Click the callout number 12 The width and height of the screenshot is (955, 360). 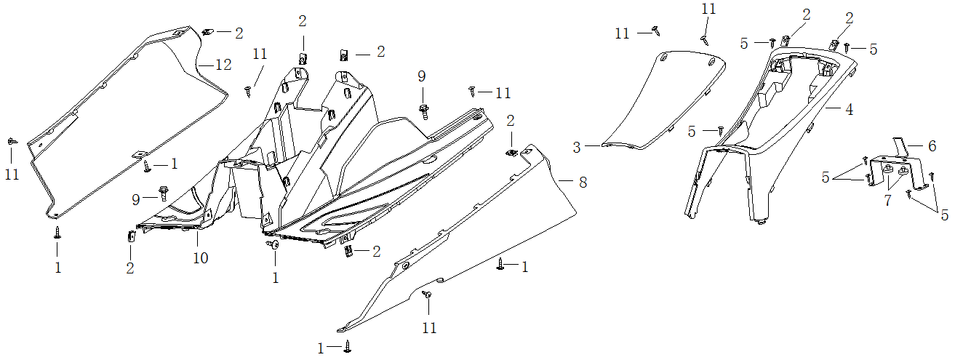(x=223, y=65)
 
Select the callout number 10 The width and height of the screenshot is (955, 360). (x=200, y=258)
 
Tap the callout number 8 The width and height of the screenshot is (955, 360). (x=583, y=183)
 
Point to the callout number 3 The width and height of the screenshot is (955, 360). (x=577, y=148)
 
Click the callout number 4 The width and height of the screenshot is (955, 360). (x=849, y=110)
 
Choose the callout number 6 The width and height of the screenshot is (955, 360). (x=931, y=146)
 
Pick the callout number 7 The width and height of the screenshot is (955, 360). (x=887, y=201)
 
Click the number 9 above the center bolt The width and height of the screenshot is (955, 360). (x=421, y=76)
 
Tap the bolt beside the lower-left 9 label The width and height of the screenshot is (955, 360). (x=162, y=195)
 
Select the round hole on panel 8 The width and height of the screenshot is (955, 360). (x=405, y=266)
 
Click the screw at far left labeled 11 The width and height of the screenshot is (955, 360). (x=11, y=141)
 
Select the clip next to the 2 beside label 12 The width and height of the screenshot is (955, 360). (x=207, y=31)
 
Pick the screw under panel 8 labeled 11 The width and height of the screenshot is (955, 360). (x=428, y=295)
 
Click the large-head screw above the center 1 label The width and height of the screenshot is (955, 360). (x=275, y=247)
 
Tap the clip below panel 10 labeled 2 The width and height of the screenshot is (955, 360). (x=132, y=237)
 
